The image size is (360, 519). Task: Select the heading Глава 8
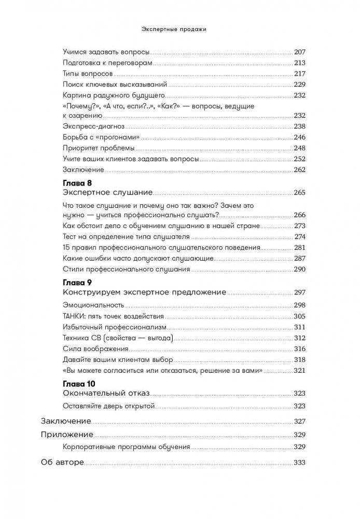tap(76, 183)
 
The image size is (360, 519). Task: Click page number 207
tap(300, 52)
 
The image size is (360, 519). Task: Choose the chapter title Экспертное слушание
tap(107, 192)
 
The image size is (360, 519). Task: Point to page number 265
tap(300, 192)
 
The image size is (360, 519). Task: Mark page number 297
tap(300, 292)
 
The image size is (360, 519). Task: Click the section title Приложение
tap(67, 434)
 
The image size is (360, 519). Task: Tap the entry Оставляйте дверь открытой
tap(101, 405)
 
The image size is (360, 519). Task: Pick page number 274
tap(301, 236)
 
